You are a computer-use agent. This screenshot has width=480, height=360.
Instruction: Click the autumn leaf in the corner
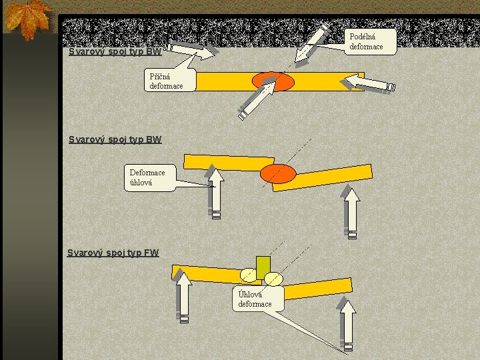(x=27, y=18)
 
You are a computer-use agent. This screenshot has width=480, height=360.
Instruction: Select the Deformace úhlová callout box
(x=151, y=177)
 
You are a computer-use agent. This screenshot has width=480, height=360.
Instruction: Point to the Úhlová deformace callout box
(x=259, y=298)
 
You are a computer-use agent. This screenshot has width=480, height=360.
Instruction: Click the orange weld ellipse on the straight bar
(x=273, y=81)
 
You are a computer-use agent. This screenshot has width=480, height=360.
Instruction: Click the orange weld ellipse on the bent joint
(x=278, y=173)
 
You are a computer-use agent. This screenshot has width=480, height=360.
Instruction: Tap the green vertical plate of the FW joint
(x=263, y=267)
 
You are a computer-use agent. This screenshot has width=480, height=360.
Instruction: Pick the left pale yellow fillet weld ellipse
(x=248, y=275)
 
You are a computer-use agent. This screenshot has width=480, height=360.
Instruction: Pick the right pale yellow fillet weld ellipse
(x=274, y=278)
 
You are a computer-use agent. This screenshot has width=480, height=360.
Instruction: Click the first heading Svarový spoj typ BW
(x=115, y=51)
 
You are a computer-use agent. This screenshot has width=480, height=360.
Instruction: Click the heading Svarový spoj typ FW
(x=113, y=253)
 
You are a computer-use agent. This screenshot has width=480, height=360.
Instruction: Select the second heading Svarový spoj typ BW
(x=115, y=140)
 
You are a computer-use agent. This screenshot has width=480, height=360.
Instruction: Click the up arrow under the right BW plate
(x=352, y=213)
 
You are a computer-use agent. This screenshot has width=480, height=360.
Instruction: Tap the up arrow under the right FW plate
(x=347, y=325)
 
